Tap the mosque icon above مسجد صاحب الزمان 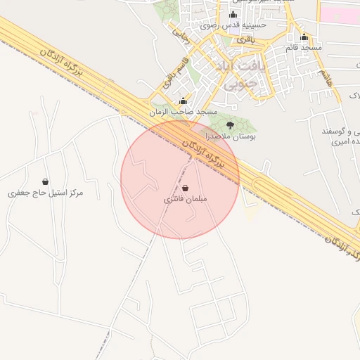click(184, 101)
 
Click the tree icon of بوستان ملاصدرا click(231, 124)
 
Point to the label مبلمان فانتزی click(184, 200)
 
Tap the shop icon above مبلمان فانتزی click(184, 188)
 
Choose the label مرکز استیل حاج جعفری click(46, 192)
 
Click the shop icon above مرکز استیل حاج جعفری click(46, 181)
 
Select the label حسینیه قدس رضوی click(233, 25)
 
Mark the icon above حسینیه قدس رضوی click(233, 14)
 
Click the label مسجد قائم click(304, 47)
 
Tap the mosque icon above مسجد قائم click(304, 37)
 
